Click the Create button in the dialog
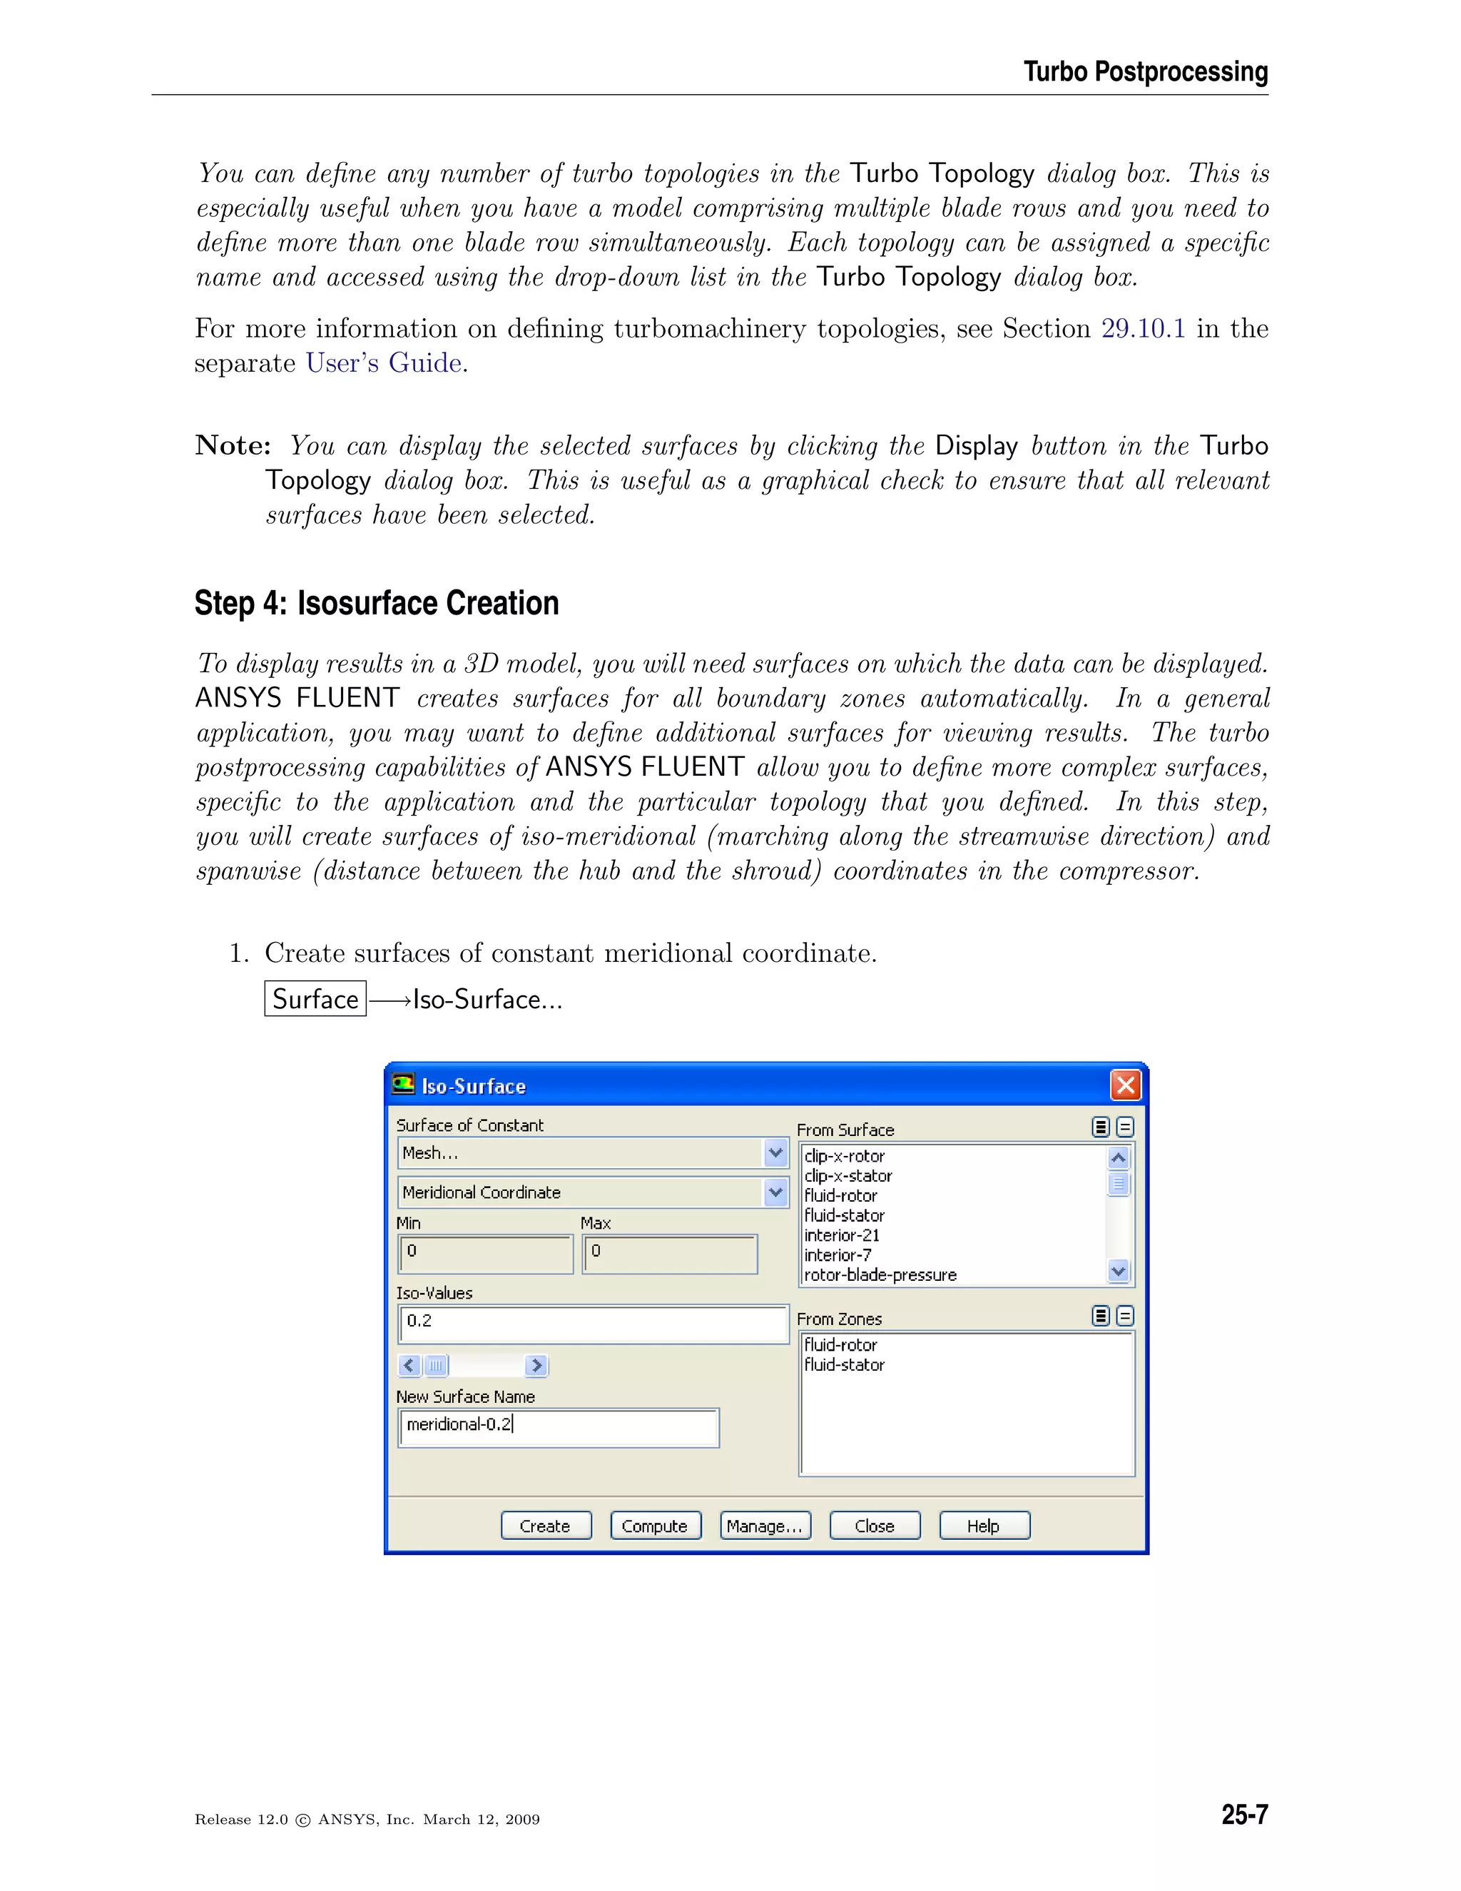pyautogui.click(x=545, y=1526)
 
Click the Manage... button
pyautogui.click(x=765, y=1526)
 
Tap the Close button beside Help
pyautogui.click(x=874, y=1526)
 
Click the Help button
pyautogui.click(x=984, y=1526)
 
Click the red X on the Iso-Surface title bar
pyautogui.click(x=1125, y=1085)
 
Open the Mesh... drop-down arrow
pyautogui.click(x=775, y=1152)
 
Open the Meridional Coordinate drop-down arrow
pyautogui.click(x=775, y=1192)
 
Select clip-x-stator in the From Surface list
pyautogui.click(x=848, y=1176)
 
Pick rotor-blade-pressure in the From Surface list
pyautogui.click(x=880, y=1274)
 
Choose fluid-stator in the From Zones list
pyautogui.click(x=844, y=1364)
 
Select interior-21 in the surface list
pyautogui.click(x=841, y=1235)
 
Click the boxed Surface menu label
pyautogui.click(x=315, y=999)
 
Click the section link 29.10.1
pyautogui.click(x=1143, y=329)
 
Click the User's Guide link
pyautogui.click(x=383, y=364)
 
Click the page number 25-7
pyautogui.click(x=1243, y=1815)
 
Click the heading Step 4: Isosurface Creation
pyautogui.click(x=377, y=604)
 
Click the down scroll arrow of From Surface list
pyautogui.click(x=1119, y=1271)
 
